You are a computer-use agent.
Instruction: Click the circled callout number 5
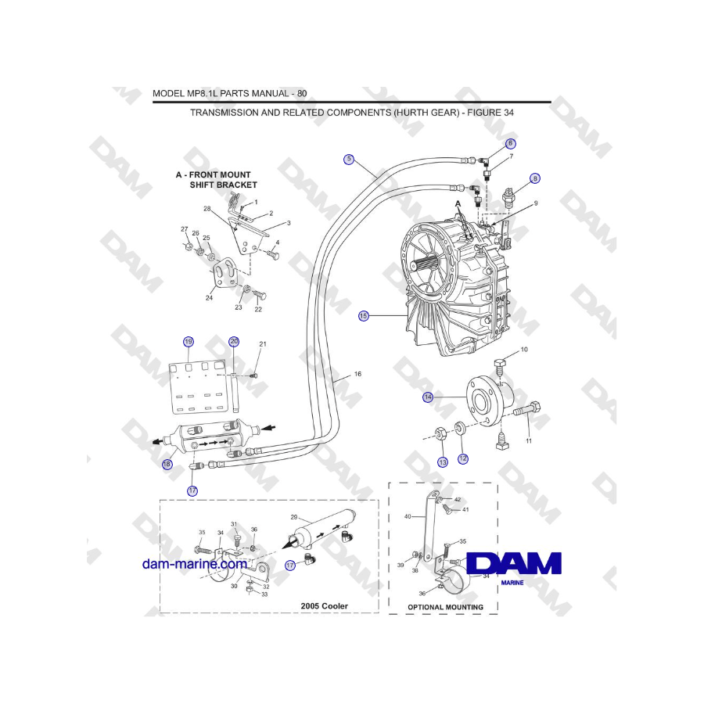[349, 160]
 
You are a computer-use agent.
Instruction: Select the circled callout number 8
[534, 178]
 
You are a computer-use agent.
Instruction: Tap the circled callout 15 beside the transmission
[363, 316]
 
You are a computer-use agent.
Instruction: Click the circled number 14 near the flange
[428, 397]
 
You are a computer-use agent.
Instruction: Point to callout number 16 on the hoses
[357, 375]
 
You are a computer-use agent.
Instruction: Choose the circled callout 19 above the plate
[188, 342]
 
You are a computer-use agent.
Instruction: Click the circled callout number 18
[167, 464]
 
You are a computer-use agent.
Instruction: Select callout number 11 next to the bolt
[528, 442]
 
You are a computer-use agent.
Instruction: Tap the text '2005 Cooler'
[324, 605]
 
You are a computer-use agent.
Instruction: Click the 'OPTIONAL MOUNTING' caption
[445, 607]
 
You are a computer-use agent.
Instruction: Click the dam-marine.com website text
[194, 563]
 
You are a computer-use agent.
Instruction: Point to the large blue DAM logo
[513, 563]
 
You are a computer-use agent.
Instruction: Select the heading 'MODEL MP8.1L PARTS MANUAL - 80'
[229, 93]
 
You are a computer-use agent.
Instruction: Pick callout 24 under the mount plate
[209, 298]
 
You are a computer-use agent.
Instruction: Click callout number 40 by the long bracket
[407, 516]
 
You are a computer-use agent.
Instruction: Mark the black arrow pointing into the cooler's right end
[268, 428]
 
